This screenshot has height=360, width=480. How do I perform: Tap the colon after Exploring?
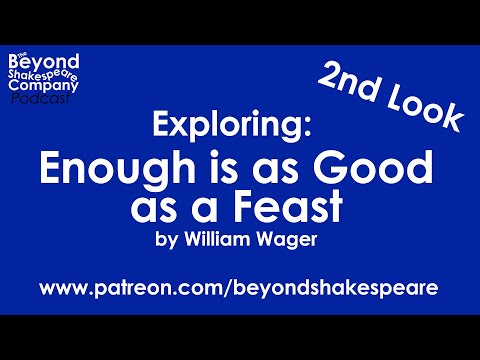coord(321,126)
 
